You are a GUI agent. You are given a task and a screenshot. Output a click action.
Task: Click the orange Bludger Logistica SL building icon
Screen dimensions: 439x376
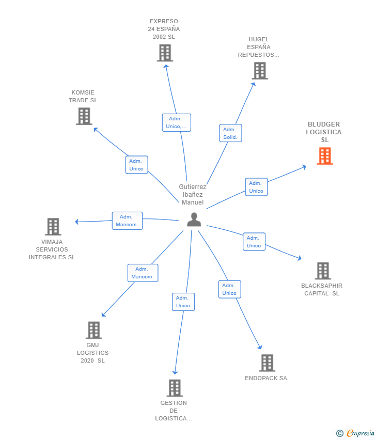coord(325,156)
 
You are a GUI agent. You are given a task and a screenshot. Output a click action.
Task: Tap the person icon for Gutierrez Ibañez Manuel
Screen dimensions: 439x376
coord(194,219)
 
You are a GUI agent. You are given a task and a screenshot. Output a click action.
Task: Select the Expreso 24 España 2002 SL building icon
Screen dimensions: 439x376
coord(165,53)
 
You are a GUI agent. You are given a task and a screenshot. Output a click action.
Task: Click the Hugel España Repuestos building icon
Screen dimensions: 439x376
coord(260,71)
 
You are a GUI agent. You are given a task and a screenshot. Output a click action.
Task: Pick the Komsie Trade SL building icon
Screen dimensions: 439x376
coord(84,116)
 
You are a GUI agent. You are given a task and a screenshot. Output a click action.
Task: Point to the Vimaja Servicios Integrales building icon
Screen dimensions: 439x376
coord(53,226)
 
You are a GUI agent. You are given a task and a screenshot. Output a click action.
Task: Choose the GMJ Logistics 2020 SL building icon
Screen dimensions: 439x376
coord(93,330)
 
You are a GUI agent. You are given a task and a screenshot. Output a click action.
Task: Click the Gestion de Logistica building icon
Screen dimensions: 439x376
coord(175,388)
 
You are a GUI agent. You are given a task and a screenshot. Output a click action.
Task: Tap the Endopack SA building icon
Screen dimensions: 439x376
coord(267,363)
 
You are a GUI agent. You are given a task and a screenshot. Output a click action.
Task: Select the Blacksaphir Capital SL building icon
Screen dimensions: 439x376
coord(323,271)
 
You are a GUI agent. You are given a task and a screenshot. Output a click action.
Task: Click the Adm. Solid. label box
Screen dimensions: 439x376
coord(230,133)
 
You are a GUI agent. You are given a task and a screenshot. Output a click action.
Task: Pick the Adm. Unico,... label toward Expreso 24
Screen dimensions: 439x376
coord(176,122)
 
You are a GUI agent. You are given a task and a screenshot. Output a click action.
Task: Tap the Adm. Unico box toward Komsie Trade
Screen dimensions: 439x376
coord(136,165)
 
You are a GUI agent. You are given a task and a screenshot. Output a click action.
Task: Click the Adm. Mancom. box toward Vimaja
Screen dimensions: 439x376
coord(127,221)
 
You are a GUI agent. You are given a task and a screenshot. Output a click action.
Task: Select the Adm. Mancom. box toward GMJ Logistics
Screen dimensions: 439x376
coord(143,273)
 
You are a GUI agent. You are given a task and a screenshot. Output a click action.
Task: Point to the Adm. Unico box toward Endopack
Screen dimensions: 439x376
coord(229,289)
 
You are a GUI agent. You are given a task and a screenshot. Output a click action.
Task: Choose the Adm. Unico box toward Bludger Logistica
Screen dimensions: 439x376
coord(256,187)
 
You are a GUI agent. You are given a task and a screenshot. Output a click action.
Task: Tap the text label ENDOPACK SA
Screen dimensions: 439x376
coord(266,378)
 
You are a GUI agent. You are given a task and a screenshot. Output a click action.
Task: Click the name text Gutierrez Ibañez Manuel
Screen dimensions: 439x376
coord(193,195)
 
